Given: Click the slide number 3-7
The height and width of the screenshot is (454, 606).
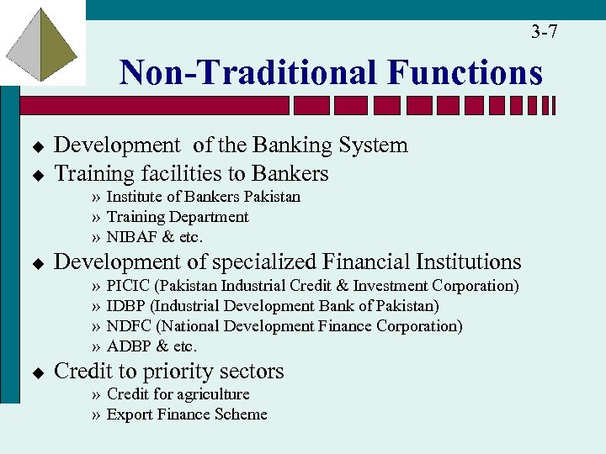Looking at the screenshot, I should [544, 33].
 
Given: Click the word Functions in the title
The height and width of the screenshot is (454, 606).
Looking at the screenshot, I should [465, 72].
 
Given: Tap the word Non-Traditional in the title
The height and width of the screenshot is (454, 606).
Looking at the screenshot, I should [249, 72].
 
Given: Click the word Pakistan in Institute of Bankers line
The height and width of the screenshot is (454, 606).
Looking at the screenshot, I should [272, 197].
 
